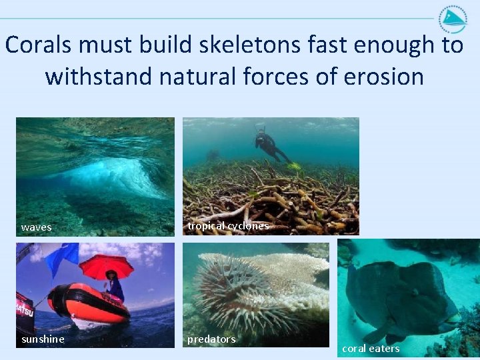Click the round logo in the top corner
453,19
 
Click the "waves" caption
36,227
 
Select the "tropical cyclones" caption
228,226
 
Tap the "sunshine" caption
43,339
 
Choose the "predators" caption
211,339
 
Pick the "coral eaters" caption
371,349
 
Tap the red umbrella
105,265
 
